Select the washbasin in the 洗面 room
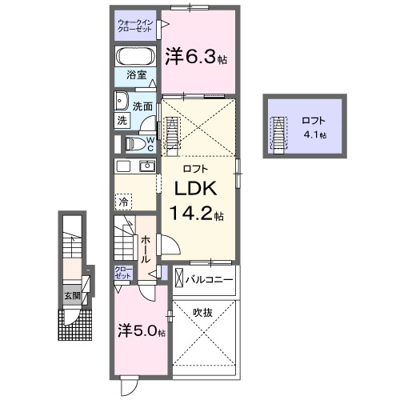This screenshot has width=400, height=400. click(x=122, y=101)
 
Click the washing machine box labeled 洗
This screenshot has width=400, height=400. click(x=122, y=121)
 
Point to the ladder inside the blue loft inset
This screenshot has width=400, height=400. click(x=278, y=134)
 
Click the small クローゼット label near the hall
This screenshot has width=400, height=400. click(x=123, y=272)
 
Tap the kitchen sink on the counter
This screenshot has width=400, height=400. click(x=147, y=166)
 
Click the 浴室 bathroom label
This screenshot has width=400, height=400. click(x=136, y=76)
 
